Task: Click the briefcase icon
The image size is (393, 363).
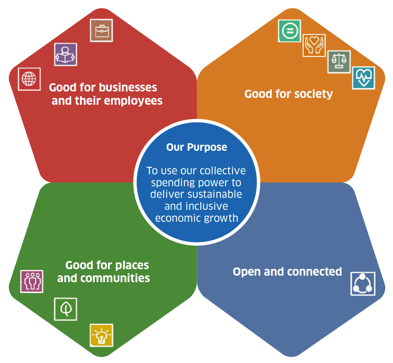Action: (101, 31)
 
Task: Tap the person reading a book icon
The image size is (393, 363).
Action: (66, 55)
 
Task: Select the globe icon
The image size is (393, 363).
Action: (29, 79)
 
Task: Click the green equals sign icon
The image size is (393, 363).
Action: (289, 31)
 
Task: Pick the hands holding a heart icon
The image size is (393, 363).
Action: (314, 45)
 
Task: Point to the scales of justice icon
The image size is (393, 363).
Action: (339, 62)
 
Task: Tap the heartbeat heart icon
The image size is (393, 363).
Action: (364, 78)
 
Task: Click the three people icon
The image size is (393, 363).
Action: (32, 281)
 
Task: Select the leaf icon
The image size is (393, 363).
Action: (66, 309)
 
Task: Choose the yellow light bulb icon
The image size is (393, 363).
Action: (101, 335)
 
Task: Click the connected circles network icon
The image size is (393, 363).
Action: (363, 284)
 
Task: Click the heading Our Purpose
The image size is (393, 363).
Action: (196, 147)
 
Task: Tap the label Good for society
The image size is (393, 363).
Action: (288, 94)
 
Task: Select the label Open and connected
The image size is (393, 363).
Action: (287, 272)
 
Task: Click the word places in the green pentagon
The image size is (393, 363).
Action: (132, 265)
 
